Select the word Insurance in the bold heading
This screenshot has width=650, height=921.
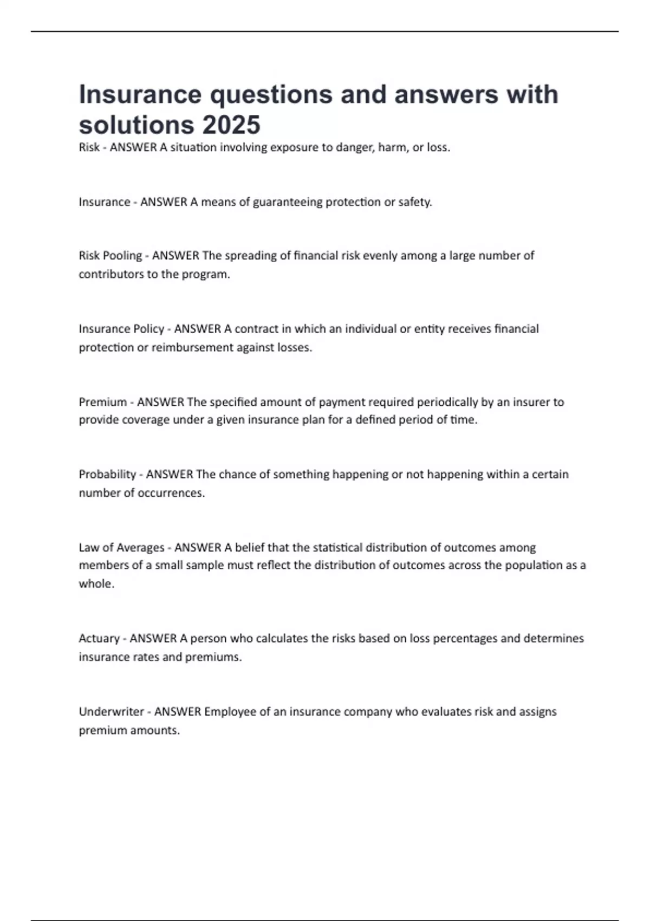(x=140, y=95)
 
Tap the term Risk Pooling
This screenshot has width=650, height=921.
(x=110, y=256)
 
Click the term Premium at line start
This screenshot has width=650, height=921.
(x=103, y=402)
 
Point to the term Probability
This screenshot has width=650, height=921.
(x=107, y=475)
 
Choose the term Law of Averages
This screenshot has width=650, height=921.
(x=121, y=548)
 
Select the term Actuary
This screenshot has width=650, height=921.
(x=99, y=638)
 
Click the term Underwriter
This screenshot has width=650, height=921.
(x=112, y=711)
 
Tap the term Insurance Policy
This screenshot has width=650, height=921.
(x=121, y=329)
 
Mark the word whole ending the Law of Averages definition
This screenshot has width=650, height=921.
(x=96, y=584)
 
